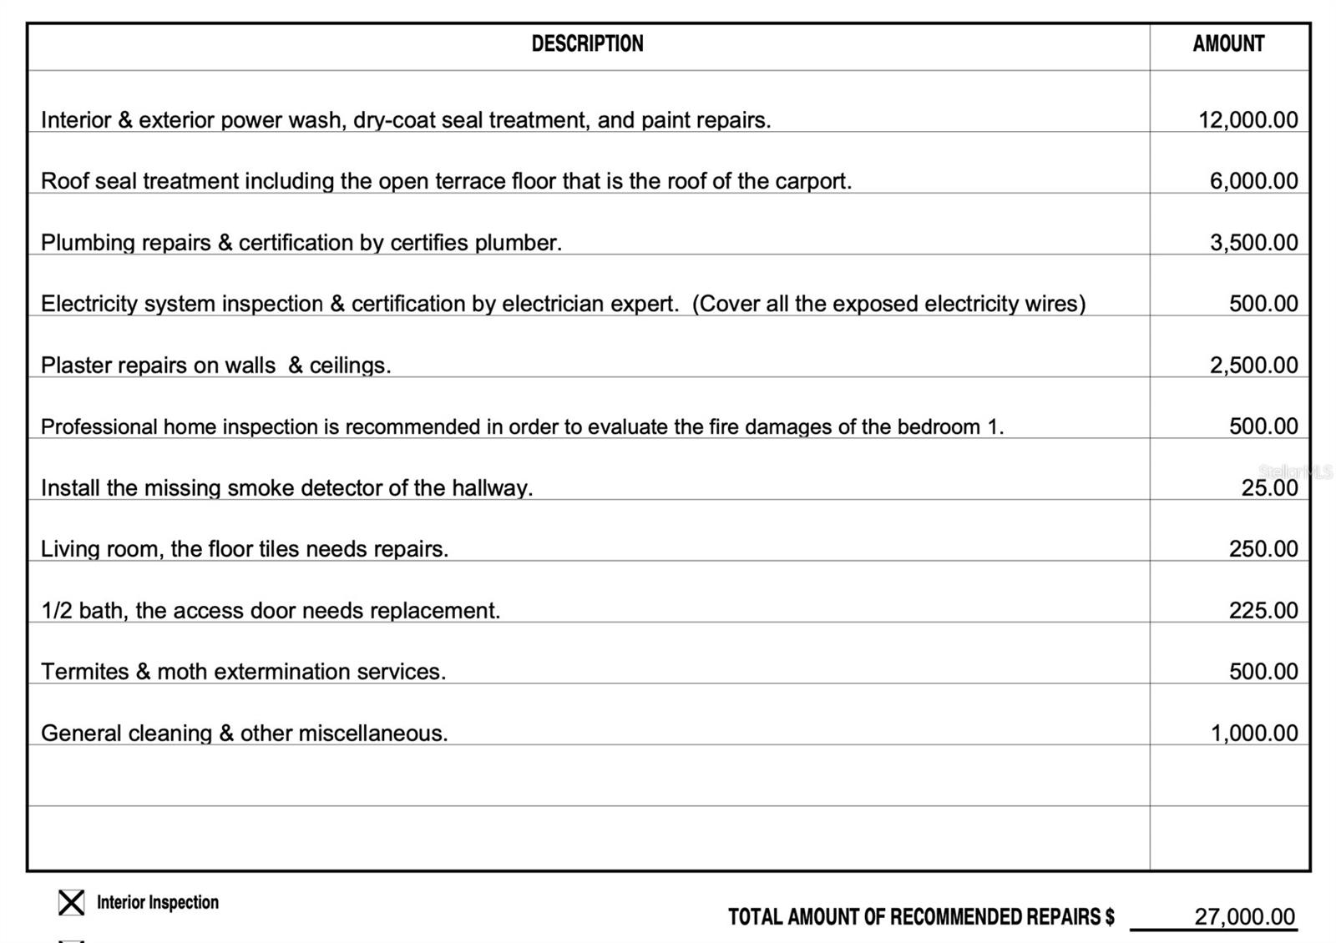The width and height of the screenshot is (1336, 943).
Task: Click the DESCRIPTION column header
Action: point(587,44)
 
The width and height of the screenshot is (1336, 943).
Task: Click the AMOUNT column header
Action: point(1228,44)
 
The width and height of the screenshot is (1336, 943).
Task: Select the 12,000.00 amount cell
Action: point(1247,120)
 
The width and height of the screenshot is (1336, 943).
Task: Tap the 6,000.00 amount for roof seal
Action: point(1253,181)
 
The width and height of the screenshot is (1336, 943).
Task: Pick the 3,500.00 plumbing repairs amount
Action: point(1253,243)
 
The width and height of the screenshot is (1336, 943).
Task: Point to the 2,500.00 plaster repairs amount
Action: point(1253,366)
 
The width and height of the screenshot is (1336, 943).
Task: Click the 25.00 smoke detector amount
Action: point(1269,488)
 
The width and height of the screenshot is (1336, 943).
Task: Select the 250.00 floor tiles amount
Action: point(1263,549)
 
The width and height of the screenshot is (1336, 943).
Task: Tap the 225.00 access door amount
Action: point(1263,611)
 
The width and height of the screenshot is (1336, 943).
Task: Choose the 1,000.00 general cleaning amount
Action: point(1254,734)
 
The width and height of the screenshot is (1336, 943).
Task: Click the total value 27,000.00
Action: point(1244,917)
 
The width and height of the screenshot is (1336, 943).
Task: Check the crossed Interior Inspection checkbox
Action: point(72,902)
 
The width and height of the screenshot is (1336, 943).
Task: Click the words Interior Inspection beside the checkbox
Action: point(158,902)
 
